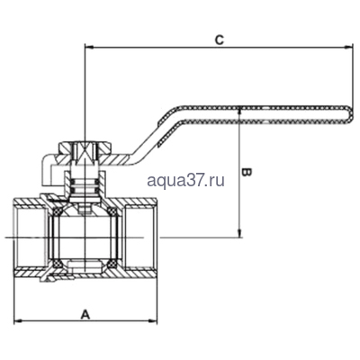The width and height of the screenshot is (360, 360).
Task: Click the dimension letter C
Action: click(219, 40)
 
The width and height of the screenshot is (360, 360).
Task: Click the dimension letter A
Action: click(85, 314)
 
